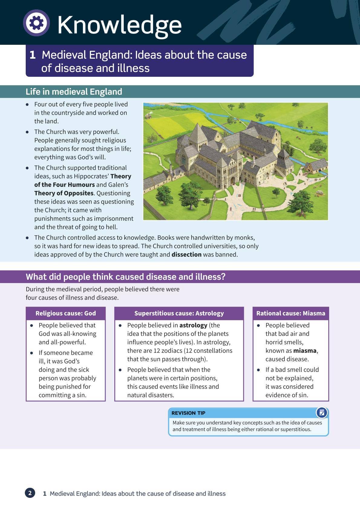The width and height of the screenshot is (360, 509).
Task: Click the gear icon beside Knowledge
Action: pos(36,23)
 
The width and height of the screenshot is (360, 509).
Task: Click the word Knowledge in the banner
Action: pos(119,25)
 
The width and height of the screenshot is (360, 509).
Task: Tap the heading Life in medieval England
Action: pos(74,92)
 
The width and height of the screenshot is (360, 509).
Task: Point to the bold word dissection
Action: pos(186,254)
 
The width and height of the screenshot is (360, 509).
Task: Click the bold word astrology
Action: pos(193,325)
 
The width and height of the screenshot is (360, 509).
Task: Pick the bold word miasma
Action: pos(305,351)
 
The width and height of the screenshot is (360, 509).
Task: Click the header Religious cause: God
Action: pos(66,313)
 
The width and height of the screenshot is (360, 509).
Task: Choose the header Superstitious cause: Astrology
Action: pos(179,313)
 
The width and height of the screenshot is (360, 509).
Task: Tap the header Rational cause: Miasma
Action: pos(291,313)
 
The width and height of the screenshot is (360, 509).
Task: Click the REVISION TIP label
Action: pos(188,413)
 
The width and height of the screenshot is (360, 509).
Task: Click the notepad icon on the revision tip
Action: pos(321,413)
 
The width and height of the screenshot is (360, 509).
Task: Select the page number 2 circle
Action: pos(30,493)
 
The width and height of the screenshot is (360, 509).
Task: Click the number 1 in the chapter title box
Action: pos(33,55)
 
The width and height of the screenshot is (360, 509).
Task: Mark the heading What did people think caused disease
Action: pos(126,277)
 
